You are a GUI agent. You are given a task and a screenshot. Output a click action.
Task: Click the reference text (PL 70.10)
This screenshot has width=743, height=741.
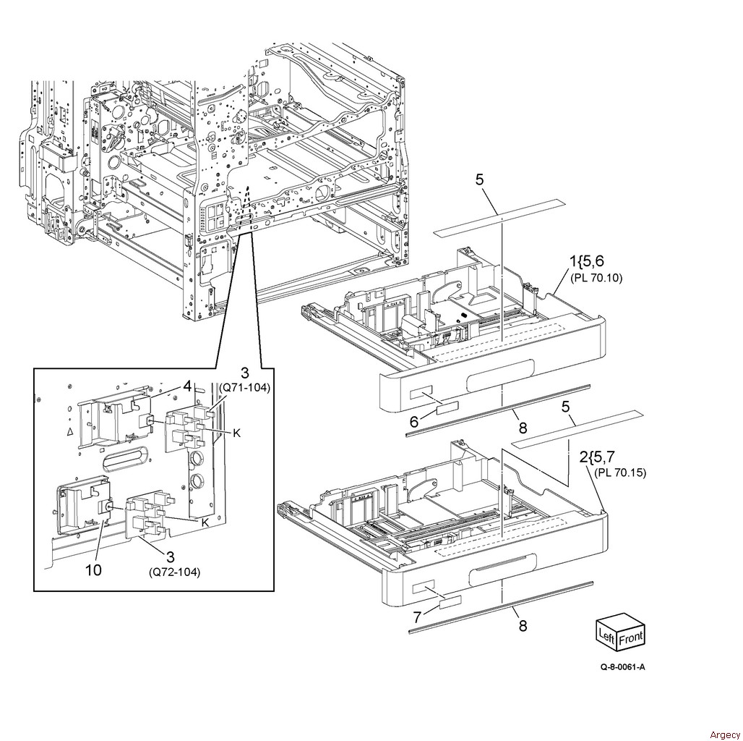click(596, 278)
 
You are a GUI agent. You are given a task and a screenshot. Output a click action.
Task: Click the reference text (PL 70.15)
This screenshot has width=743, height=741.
click(620, 473)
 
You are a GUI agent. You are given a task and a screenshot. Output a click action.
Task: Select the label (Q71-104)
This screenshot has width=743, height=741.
click(244, 387)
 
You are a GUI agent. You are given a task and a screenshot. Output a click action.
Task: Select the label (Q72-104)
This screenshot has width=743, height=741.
click(175, 572)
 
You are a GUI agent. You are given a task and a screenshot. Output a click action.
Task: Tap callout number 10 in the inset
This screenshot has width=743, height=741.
click(93, 570)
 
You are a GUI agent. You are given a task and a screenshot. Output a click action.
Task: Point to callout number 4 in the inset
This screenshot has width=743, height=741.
click(187, 386)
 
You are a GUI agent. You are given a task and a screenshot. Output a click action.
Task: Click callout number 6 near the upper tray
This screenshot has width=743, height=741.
click(414, 420)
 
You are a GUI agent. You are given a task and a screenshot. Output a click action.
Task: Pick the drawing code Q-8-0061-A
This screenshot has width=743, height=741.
click(622, 687)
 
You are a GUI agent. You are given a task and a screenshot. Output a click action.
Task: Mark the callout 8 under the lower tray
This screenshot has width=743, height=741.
click(523, 626)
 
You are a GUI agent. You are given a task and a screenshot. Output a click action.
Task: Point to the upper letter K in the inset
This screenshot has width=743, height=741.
click(236, 433)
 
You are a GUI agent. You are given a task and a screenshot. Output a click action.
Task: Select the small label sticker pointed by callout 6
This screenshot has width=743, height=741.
click(447, 410)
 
